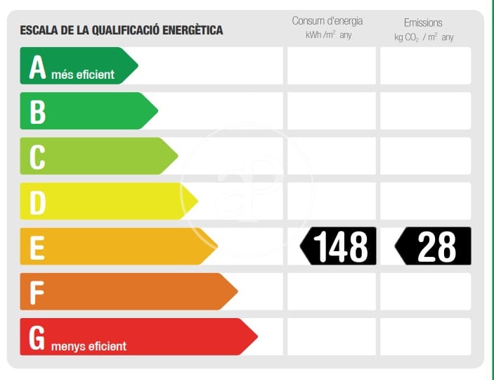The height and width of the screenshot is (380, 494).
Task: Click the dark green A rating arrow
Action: pyautogui.click(x=77, y=66)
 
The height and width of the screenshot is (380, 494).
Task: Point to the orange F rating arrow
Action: pyautogui.click(x=127, y=291)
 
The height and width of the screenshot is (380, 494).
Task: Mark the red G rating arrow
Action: pyautogui.click(x=137, y=336)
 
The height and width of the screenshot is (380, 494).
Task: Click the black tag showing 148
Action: pyautogui.click(x=339, y=246)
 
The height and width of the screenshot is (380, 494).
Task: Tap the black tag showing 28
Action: pyautogui.click(x=434, y=246)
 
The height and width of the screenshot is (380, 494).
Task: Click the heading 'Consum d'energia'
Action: pyautogui.click(x=328, y=21)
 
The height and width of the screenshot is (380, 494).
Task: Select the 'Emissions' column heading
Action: pyautogui.click(x=423, y=23)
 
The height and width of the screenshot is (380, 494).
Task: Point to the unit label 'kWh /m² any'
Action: pyautogui.click(x=328, y=35)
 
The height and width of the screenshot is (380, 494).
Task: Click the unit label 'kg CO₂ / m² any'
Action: pyautogui.click(x=424, y=37)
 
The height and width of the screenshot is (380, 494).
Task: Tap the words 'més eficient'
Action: pyautogui.click(x=83, y=75)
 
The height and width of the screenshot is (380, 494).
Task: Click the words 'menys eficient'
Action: pyautogui.click(x=89, y=346)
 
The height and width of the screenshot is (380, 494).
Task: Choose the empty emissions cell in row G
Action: pyautogui.click(x=425, y=336)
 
